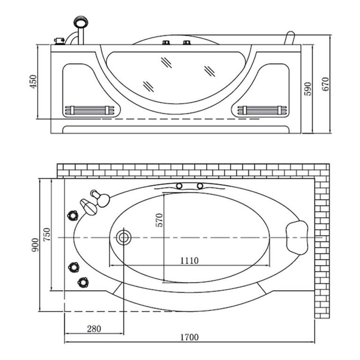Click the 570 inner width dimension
click(x=159, y=220)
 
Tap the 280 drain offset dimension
click(x=93, y=329)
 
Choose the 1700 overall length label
click(x=189, y=337)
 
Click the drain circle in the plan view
click(x=124, y=237)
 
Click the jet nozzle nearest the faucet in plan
click(x=73, y=215)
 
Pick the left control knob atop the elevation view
click(x=166, y=44)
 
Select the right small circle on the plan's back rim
click(x=201, y=186)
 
